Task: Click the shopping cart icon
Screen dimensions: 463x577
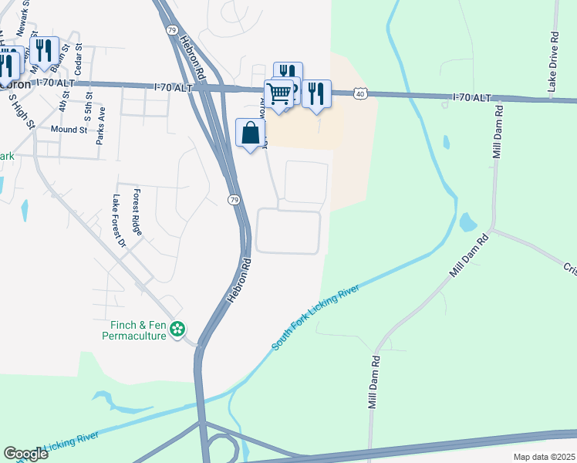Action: coord(279,93)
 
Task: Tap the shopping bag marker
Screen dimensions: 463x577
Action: coord(250,133)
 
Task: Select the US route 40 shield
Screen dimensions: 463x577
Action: coord(360,93)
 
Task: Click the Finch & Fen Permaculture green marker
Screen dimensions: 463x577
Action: coord(178,330)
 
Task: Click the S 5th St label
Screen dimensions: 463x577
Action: coord(90,106)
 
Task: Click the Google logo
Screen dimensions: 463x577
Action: coord(25,454)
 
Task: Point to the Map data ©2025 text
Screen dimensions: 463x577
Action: coord(543,457)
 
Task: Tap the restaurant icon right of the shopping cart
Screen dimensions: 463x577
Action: coord(316,93)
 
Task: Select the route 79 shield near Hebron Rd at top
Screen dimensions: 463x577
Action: coord(170,29)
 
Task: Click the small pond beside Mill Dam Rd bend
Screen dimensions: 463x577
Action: coord(467,223)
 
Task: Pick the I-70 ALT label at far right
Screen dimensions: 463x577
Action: coord(471,97)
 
